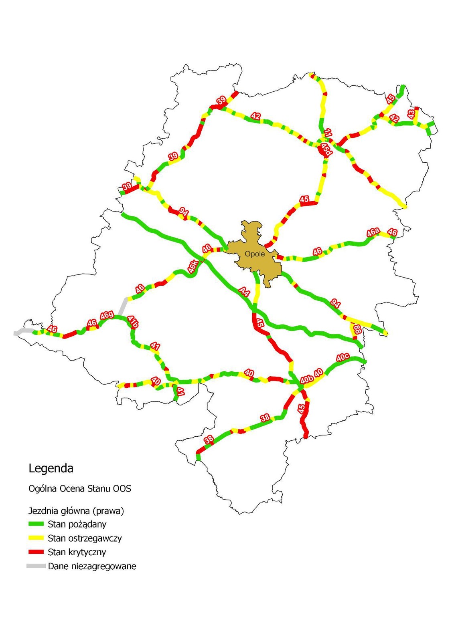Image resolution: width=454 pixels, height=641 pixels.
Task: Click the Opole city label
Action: (x=255, y=254)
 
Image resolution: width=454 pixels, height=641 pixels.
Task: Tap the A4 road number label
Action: (x=244, y=291)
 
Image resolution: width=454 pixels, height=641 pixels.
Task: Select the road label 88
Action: (x=357, y=330)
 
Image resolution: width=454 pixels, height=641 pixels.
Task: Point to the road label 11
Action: (x=328, y=133)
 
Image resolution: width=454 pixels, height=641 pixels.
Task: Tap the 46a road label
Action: (x=373, y=232)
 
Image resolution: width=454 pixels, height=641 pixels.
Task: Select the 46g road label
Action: (x=107, y=315)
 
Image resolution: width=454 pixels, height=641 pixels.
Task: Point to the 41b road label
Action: (x=133, y=322)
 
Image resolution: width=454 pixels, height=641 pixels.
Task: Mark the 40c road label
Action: (x=343, y=357)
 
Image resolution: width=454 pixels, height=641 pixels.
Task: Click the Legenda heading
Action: (x=51, y=468)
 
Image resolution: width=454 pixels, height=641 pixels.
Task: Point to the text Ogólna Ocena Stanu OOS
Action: (x=80, y=489)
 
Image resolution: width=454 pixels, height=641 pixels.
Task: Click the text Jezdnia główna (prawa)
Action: (x=76, y=511)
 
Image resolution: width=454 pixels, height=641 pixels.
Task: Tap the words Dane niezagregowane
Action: (x=92, y=566)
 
